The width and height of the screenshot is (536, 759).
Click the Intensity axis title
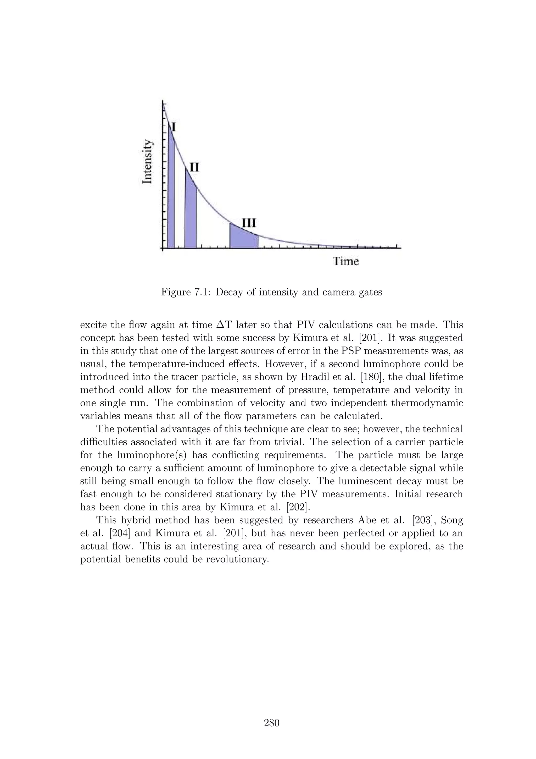point(147,161)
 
